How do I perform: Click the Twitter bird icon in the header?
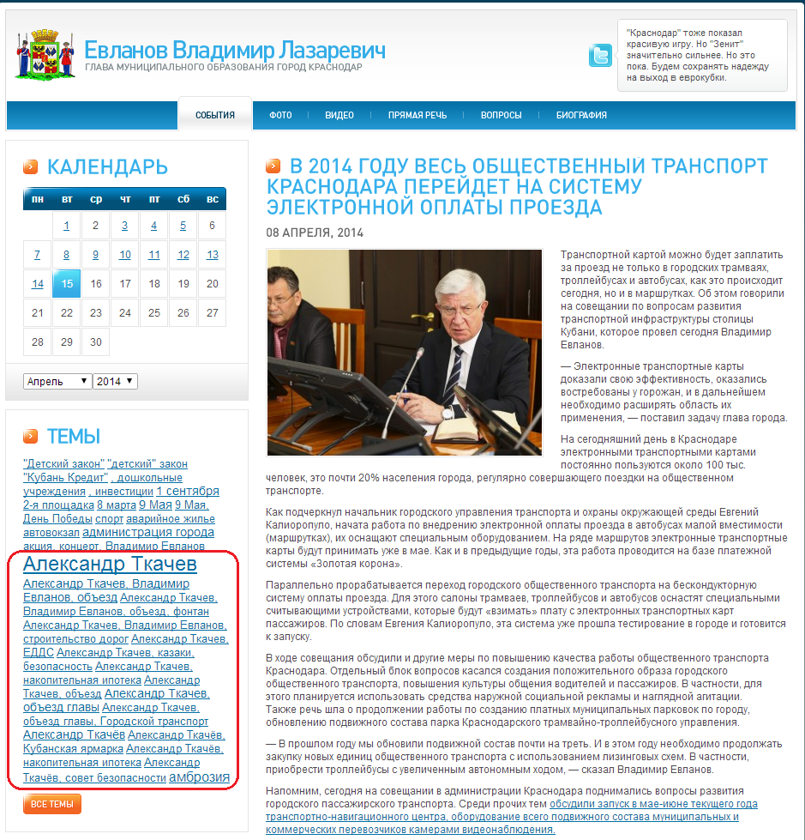pyautogui.click(x=600, y=55)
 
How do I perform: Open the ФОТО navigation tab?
pyautogui.click(x=280, y=115)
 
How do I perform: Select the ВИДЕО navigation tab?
pyautogui.click(x=339, y=115)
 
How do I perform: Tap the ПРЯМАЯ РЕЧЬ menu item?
pyautogui.click(x=417, y=115)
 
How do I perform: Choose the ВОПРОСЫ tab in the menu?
pyautogui.click(x=501, y=115)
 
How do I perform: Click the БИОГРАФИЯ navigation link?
pyautogui.click(x=581, y=115)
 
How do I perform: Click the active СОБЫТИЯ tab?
pyautogui.click(x=214, y=115)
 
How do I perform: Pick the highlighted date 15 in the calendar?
pyautogui.click(x=67, y=284)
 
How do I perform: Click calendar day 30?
pyautogui.click(x=96, y=341)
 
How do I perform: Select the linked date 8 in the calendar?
pyautogui.click(x=67, y=255)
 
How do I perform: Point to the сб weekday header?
pyautogui.click(x=183, y=199)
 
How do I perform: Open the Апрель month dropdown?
pyautogui.click(x=57, y=381)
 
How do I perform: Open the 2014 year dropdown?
pyautogui.click(x=115, y=381)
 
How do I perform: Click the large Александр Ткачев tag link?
pyautogui.click(x=110, y=564)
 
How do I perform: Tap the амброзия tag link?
pyautogui.click(x=199, y=777)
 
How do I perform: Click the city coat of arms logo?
pyautogui.click(x=40, y=54)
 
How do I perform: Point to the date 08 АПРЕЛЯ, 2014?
pyautogui.click(x=315, y=233)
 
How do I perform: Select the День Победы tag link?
pyautogui.click(x=57, y=519)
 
